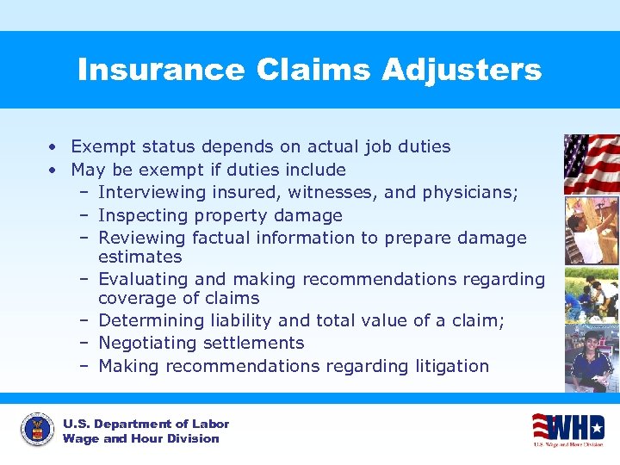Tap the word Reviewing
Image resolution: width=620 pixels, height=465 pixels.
142,238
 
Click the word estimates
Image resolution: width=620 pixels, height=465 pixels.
140,257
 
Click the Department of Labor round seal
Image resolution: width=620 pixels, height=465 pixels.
37,431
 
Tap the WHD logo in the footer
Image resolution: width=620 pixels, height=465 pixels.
567,429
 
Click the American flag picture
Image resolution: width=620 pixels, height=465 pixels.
592,164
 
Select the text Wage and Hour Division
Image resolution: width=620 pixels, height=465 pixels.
141,438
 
